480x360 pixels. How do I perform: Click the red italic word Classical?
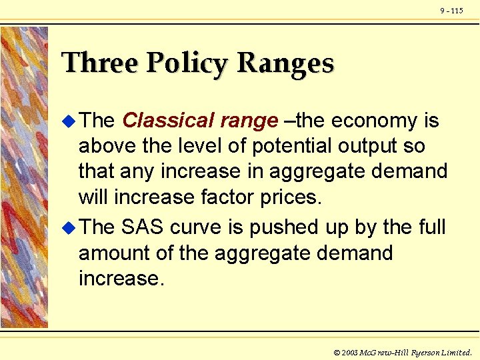pos(166,121)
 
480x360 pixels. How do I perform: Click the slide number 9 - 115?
pos(451,11)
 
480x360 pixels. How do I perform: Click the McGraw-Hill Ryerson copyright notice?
pos(403,351)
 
